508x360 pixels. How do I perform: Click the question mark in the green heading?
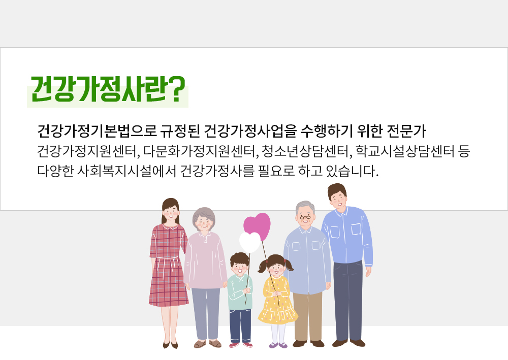coord(177,89)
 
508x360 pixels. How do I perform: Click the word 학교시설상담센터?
coord(405,151)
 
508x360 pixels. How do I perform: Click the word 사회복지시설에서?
coord(126,171)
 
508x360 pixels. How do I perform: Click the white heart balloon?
coord(250,242)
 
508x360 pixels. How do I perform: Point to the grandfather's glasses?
coord(305,217)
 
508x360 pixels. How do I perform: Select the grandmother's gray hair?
coord(204,215)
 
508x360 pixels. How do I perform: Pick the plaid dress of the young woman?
coord(168,265)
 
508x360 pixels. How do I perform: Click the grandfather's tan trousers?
coord(308,316)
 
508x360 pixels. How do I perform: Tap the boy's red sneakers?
coord(241,345)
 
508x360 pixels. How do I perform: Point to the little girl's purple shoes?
coord(278,345)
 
